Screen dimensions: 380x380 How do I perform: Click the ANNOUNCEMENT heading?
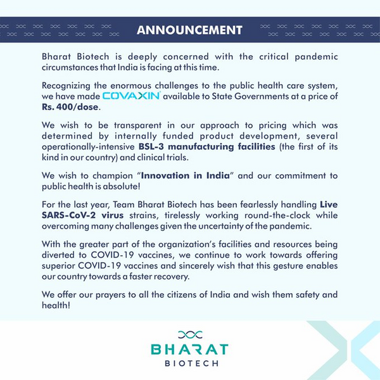click(190, 30)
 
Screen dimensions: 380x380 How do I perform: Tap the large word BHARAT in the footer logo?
click(189, 349)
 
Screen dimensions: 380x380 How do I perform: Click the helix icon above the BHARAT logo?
click(189, 334)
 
